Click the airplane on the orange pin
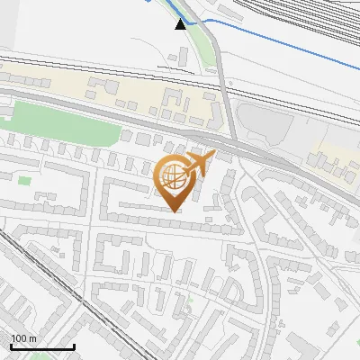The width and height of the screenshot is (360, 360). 200,163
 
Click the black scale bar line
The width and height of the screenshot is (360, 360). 41,347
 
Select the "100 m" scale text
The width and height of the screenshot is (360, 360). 23,338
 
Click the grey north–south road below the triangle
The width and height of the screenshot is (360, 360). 225,99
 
